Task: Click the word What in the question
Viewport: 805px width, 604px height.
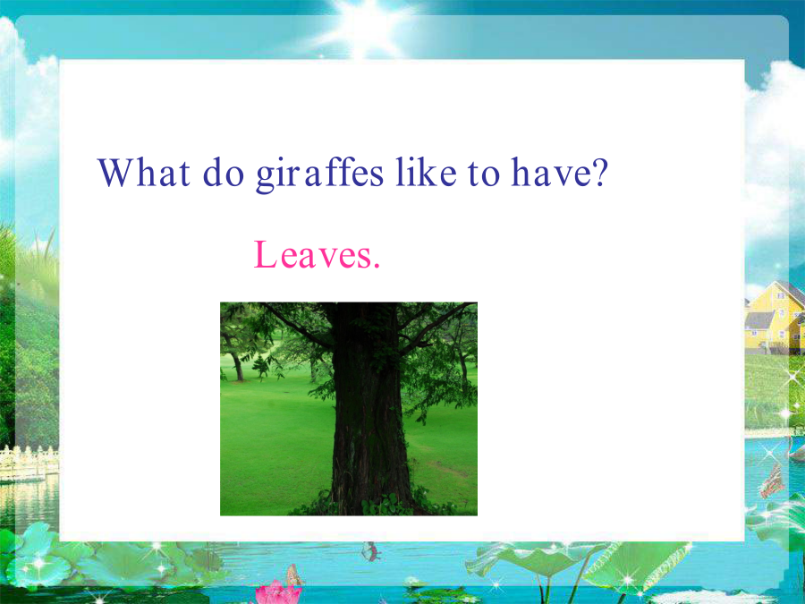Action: coord(144,173)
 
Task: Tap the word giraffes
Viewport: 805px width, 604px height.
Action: coord(319,174)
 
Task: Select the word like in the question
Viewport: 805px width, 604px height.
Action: coord(426,172)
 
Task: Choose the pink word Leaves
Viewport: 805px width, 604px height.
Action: coord(317,255)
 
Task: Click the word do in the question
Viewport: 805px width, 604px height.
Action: coord(224,172)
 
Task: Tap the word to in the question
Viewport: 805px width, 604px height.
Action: coord(484,174)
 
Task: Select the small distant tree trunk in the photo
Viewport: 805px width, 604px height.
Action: coord(237,365)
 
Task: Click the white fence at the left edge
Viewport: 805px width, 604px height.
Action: coord(29,463)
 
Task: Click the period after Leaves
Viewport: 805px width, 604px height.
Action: coord(377,266)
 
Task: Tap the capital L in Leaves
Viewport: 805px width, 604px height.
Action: coord(266,255)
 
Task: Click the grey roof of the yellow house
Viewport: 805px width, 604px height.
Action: coord(759,320)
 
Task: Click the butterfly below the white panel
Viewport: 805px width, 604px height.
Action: coord(370,551)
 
